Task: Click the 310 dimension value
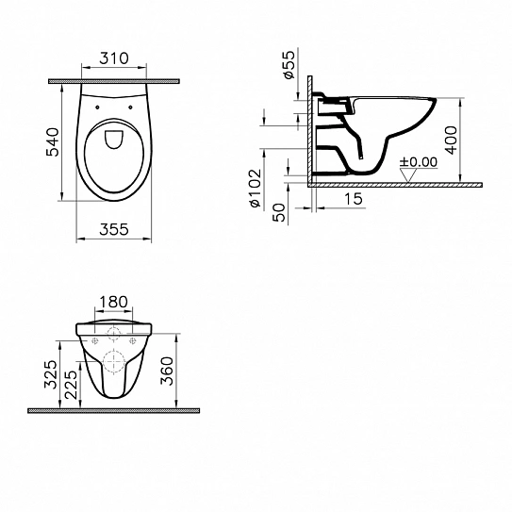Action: tap(114, 58)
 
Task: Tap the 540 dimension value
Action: tap(53, 142)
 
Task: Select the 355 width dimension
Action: tap(114, 229)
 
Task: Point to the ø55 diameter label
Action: tap(289, 65)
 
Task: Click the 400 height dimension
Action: tap(452, 140)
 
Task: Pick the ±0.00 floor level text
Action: tap(419, 162)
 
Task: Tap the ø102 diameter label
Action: tap(255, 189)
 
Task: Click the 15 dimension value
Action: tap(353, 199)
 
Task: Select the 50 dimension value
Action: tap(278, 212)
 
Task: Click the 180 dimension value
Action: tap(113, 302)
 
